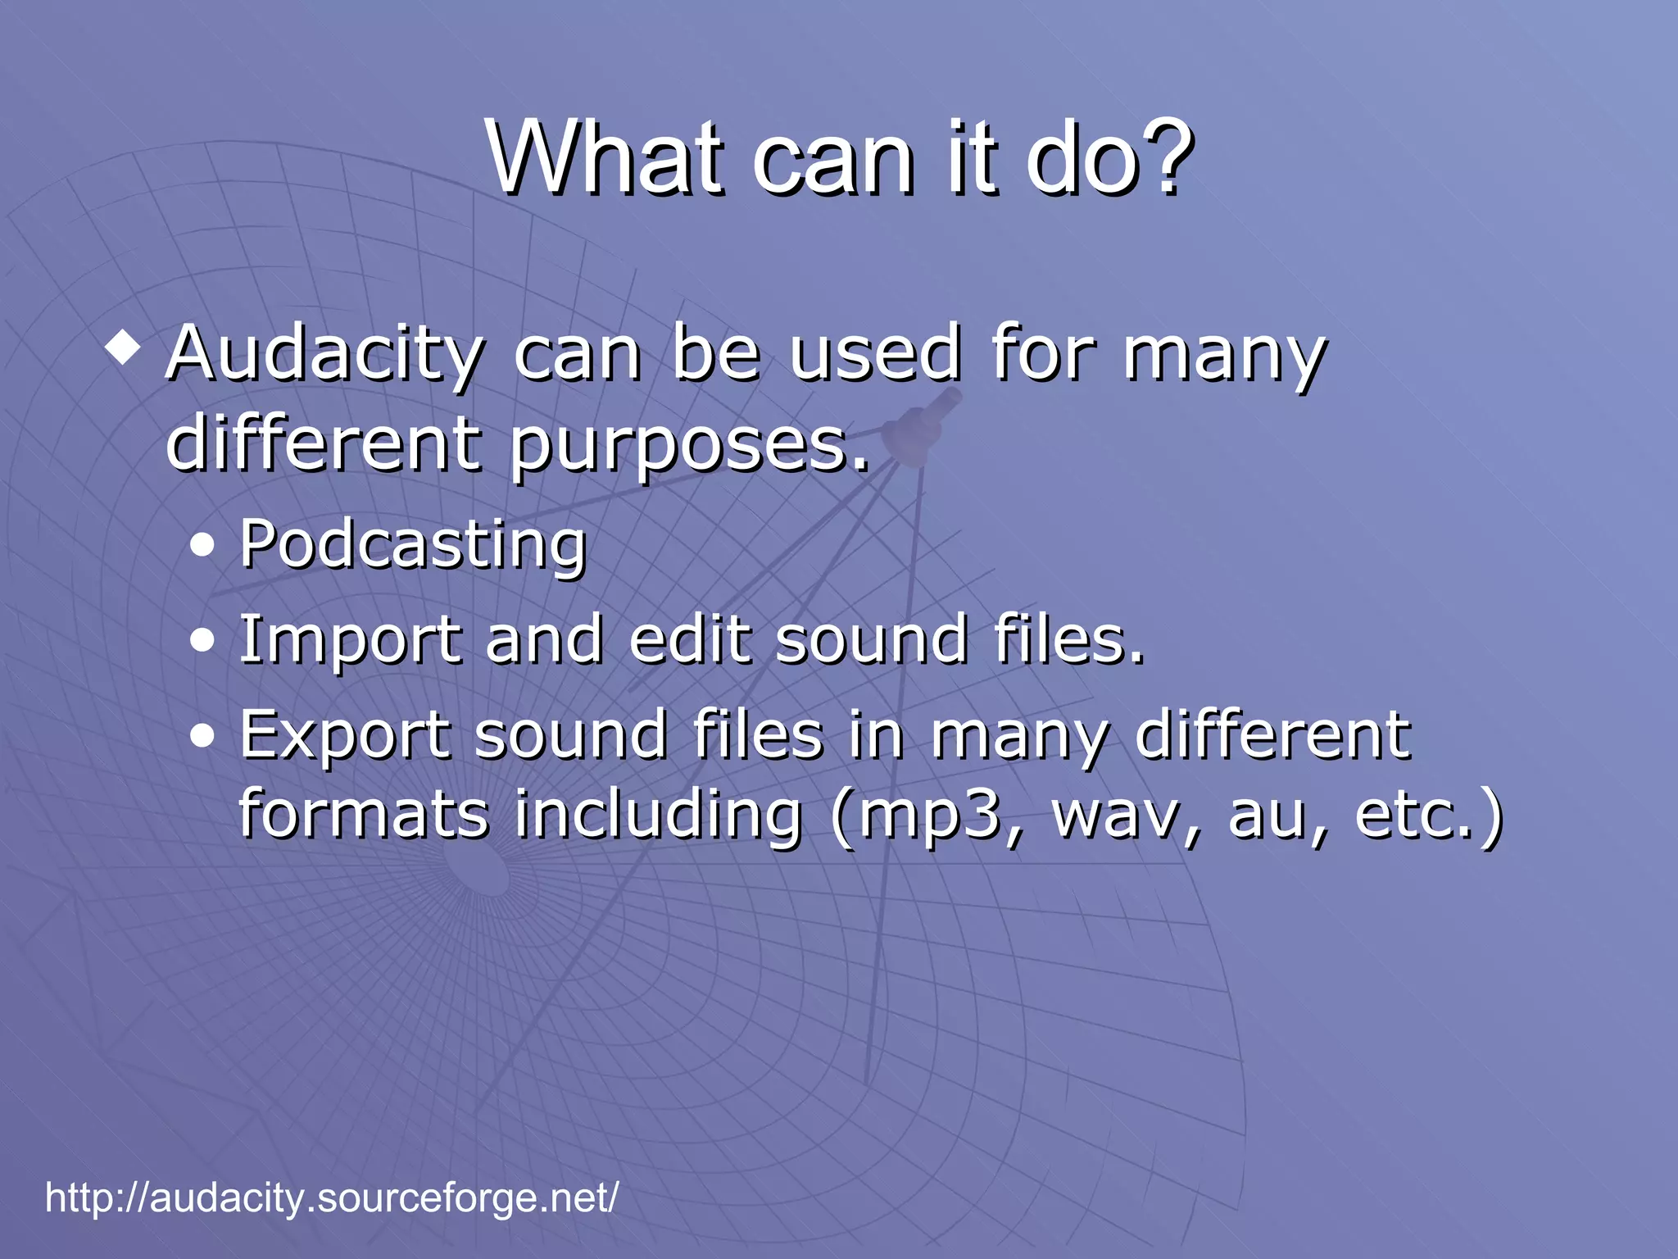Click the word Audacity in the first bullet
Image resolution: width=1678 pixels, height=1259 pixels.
coord(324,354)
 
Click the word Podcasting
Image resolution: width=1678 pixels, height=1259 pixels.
coord(413,545)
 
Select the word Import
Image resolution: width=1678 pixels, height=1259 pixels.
coord(350,641)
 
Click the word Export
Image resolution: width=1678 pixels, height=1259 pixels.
coord(344,737)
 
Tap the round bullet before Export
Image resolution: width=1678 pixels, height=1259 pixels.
coord(202,736)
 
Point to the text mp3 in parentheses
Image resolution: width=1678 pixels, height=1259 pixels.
coord(932,816)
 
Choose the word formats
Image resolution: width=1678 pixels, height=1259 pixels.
coord(363,815)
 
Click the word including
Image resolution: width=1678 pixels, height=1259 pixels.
coord(657,815)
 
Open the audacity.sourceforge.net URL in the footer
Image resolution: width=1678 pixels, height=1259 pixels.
coord(332,1198)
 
